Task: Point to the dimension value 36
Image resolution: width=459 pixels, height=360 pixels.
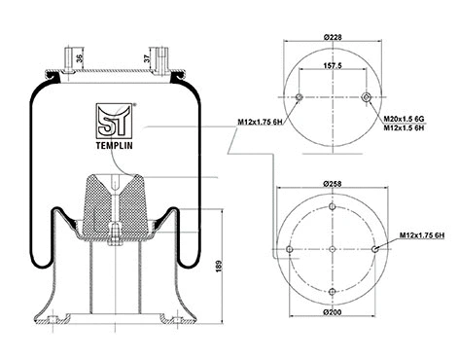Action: [x=79, y=56]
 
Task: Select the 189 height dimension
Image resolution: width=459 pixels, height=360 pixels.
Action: [x=218, y=265]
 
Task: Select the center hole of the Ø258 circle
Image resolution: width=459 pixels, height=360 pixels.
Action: [x=332, y=249]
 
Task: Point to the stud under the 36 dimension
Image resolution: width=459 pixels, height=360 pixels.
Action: [x=70, y=58]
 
